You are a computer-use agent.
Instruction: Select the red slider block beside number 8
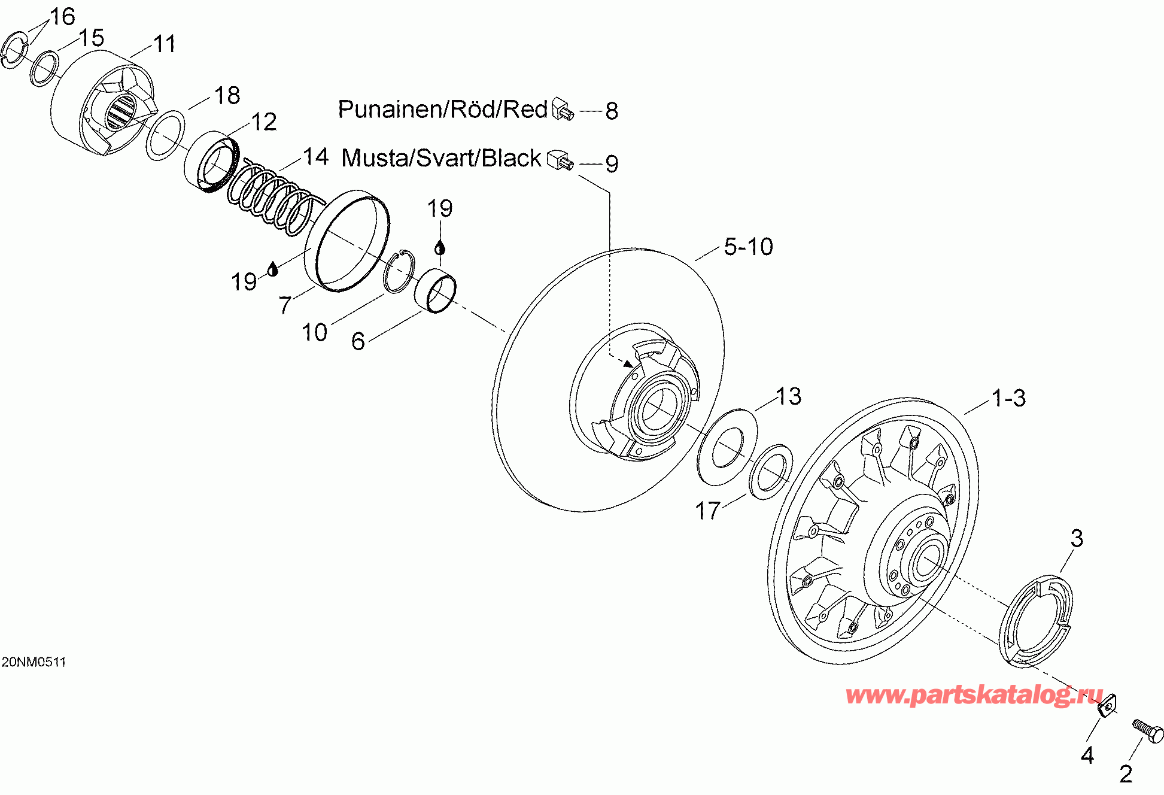(563, 108)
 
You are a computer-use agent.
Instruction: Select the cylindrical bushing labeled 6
(436, 292)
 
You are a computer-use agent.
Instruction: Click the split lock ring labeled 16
(14, 51)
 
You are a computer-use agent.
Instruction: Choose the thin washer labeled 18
(166, 135)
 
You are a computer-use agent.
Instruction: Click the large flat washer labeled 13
(727, 447)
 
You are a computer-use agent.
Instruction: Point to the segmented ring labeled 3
(1035, 621)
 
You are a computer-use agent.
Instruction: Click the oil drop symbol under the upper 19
(440, 247)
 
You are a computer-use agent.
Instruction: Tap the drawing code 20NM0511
(34, 662)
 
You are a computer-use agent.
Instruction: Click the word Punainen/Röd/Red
(443, 109)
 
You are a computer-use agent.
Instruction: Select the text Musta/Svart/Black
(441, 158)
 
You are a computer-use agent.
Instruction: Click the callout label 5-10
(748, 247)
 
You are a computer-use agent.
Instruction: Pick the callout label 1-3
(1008, 398)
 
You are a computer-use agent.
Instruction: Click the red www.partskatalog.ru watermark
(974, 695)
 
